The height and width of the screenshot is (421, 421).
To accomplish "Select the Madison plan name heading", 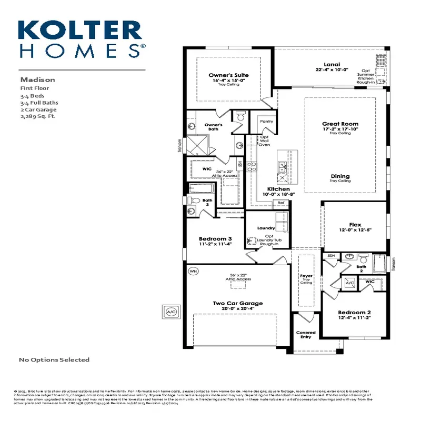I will coord(37,79).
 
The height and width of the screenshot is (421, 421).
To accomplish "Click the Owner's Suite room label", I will coord(228,75).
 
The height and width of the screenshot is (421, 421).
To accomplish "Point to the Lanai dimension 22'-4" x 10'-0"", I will coord(332,69).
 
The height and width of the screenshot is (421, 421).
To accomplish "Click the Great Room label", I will coord(340,124).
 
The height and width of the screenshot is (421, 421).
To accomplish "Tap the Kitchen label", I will coord(278,188).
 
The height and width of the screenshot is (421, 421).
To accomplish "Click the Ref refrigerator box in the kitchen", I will coord(281,203).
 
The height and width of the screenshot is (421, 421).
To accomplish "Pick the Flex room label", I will coord(355,225).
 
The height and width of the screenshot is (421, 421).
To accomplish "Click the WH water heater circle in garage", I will coord(193,271).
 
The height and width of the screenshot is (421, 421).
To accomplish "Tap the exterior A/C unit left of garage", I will coord(172,312).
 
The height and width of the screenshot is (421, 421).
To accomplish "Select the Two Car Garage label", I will coord(237,304).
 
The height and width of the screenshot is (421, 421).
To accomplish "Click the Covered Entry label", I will coord(306,335).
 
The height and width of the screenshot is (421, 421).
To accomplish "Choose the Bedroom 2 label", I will coord(355,312).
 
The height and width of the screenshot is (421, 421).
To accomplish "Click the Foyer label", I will coord(306,276).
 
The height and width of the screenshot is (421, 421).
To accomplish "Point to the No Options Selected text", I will coord(54,360).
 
